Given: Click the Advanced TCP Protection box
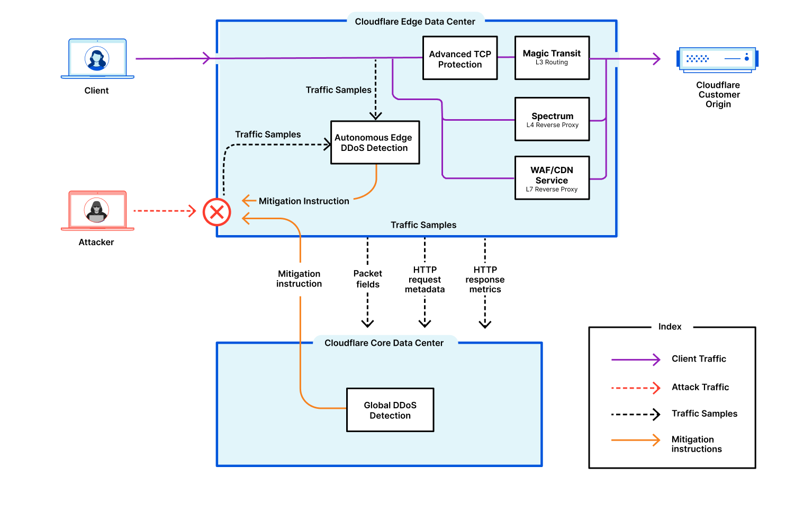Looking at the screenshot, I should [459, 58].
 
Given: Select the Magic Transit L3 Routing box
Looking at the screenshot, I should [552, 58].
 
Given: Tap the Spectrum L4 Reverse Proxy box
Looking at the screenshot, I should [552, 119].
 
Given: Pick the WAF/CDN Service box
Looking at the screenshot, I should [552, 178].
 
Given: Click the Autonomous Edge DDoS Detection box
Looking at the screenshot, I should [375, 142].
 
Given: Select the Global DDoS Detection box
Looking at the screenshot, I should [390, 410].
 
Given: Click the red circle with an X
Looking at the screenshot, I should [216, 212].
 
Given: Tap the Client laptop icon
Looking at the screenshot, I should [97, 59].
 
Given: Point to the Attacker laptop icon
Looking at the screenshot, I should [97, 211].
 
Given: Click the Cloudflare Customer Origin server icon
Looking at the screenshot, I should [717, 59].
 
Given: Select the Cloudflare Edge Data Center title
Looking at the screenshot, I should [414, 22].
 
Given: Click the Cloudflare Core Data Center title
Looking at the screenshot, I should [384, 343].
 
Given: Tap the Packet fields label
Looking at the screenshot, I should [367, 279].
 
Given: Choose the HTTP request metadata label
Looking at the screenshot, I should [425, 280].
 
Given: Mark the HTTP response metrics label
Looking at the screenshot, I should [485, 280].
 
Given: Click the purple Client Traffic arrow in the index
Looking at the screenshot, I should [635, 360].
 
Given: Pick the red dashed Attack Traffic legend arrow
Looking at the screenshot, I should [635, 388].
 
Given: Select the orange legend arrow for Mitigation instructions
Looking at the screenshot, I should [635, 440].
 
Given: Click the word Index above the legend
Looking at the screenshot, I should [670, 327].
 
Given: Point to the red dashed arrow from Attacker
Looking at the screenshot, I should [164, 211].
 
